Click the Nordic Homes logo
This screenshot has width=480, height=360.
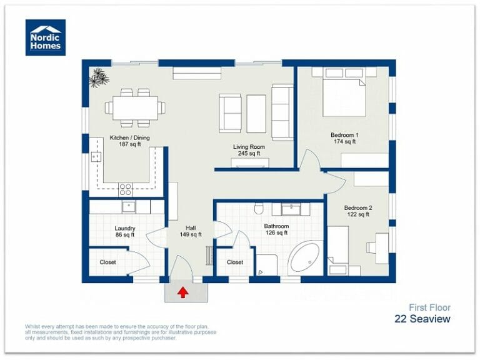coord(46,37)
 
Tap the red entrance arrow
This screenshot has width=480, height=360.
coord(183,292)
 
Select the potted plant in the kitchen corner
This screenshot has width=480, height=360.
coord(98,77)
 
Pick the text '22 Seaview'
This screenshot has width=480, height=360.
coord(422,319)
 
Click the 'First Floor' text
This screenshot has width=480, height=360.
coord(429,307)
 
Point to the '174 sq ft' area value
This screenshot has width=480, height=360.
coord(344,142)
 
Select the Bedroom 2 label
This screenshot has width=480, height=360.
coord(358,207)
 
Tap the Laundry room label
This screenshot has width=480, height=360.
coord(125,228)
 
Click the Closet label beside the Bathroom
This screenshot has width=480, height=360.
coord(235,262)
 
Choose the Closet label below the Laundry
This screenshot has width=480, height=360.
coord(108,262)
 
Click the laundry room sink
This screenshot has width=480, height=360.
coord(127,207)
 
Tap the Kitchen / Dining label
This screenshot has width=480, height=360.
coord(129,137)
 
